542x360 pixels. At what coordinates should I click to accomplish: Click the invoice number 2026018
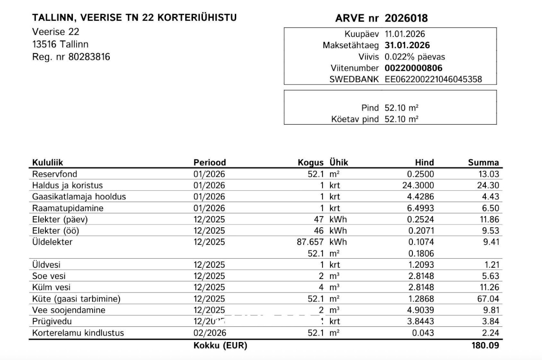(406, 18)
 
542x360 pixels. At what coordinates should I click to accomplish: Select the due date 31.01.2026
(407, 45)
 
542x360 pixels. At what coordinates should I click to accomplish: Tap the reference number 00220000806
(413, 68)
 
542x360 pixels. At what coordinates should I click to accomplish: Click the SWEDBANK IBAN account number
(433, 80)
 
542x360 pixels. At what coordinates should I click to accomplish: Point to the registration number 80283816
(89, 57)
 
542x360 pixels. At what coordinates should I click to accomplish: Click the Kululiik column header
(50, 163)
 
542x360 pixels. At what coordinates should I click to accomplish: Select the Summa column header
(483, 163)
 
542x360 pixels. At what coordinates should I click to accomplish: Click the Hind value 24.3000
(419, 185)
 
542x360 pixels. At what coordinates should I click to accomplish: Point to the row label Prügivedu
(52, 322)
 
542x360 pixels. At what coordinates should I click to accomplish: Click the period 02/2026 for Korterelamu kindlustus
(210, 333)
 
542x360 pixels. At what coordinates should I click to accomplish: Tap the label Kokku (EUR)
(220, 346)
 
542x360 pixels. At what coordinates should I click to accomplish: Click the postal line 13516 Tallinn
(60, 44)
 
